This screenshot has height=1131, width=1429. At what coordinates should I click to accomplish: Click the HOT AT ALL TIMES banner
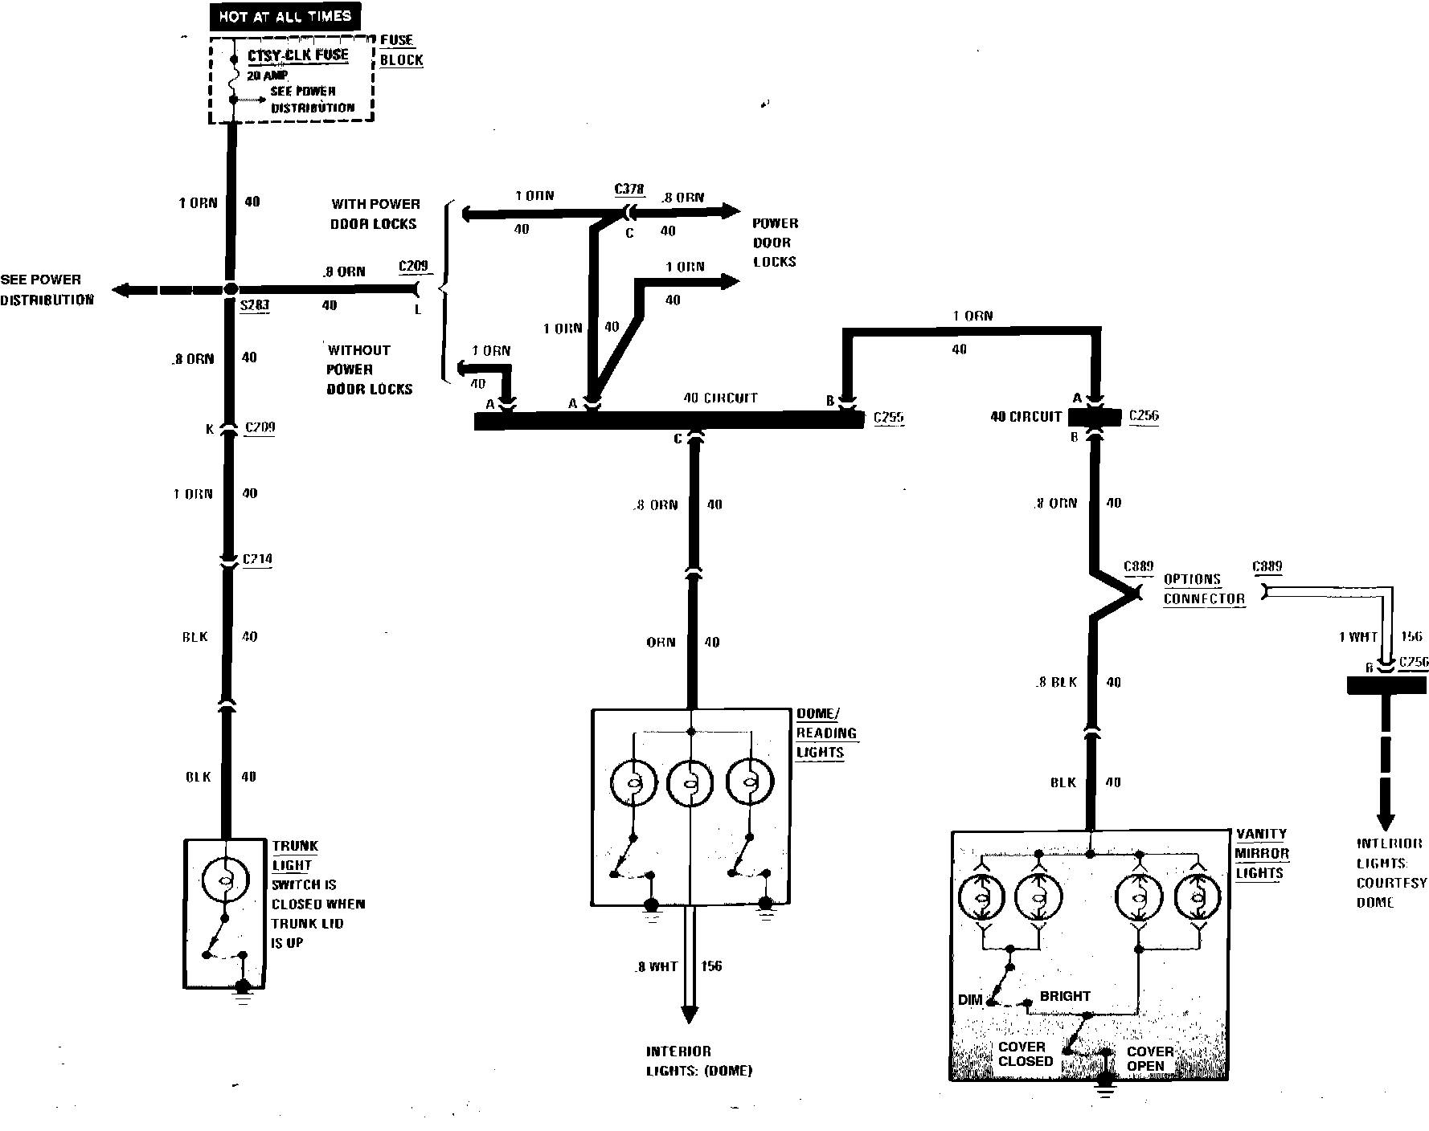pyautogui.click(x=285, y=16)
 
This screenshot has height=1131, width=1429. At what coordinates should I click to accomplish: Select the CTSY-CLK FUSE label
pyautogui.click(x=298, y=55)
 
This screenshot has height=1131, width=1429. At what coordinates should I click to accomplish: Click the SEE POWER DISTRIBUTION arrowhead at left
pyautogui.click(x=121, y=290)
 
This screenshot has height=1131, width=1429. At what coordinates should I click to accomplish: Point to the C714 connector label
pyautogui.click(x=257, y=559)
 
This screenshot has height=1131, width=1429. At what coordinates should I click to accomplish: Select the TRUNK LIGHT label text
pyautogui.click(x=294, y=855)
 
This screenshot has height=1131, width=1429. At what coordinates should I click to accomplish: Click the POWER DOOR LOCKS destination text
pyautogui.click(x=775, y=243)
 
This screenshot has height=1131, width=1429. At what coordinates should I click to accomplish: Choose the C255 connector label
pyautogui.click(x=888, y=417)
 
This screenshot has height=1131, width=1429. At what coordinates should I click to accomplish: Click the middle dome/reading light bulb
pyautogui.click(x=690, y=782)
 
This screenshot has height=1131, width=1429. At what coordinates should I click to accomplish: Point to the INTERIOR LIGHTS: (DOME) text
pyautogui.click(x=699, y=1061)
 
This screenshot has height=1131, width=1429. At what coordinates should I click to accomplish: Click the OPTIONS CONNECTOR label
pyautogui.click(x=1203, y=589)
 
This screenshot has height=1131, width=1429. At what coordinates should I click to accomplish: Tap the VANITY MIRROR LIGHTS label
pyautogui.click(x=1262, y=853)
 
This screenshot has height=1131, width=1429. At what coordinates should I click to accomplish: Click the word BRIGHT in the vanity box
pyautogui.click(x=1065, y=996)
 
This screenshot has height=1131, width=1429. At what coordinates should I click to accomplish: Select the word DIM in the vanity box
pyautogui.click(x=970, y=1000)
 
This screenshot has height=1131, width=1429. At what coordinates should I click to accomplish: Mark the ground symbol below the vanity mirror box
pyautogui.click(x=1106, y=1091)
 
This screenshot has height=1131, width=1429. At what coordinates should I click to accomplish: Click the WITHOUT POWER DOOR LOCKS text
pyautogui.click(x=369, y=370)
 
